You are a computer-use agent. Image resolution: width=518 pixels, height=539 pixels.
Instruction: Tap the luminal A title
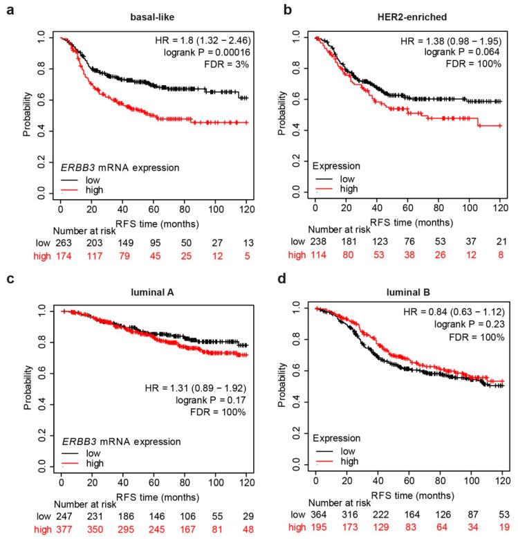click(156, 293)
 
